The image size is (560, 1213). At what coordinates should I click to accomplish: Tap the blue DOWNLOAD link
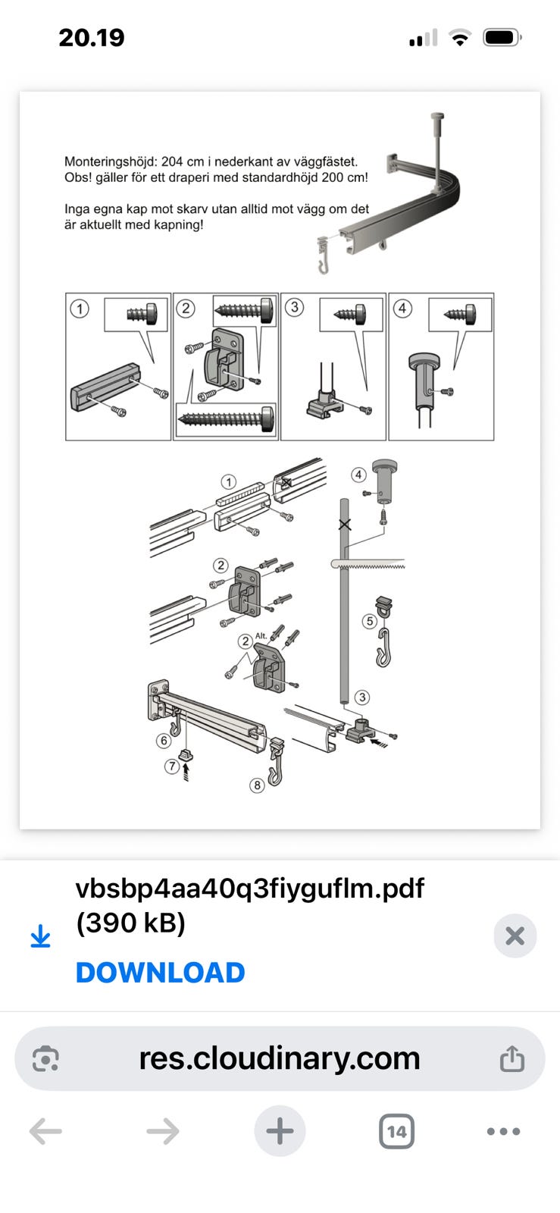point(160,973)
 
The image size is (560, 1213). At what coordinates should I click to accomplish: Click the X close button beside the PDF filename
point(515,936)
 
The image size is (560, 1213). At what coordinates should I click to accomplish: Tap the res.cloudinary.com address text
point(279,1058)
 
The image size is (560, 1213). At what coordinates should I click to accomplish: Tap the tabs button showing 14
point(396,1131)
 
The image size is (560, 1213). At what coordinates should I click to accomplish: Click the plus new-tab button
point(280,1130)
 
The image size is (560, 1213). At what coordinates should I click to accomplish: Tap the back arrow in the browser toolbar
point(45,1131)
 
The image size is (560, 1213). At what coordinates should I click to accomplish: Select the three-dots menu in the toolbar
point(503,1131)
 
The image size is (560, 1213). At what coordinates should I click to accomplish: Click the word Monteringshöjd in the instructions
point(111,161)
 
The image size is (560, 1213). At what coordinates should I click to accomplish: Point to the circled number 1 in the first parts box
point(80,309)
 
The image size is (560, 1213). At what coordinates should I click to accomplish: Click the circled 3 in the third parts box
point(294,308)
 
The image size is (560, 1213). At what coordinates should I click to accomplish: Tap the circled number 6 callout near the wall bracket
point(164,740)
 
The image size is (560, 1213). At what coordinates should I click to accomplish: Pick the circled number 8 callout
point(257,785)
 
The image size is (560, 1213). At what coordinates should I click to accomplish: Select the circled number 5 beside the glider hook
point(370,621)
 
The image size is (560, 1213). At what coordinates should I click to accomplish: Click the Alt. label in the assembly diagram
point(261,636)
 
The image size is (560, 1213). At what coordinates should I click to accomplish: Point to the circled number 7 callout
point(172,766)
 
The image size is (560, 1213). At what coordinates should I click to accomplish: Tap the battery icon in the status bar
point(502,38)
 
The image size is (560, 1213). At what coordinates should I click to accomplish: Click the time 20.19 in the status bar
point(92,38)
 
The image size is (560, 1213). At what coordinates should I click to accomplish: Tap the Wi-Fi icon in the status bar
point(460,38)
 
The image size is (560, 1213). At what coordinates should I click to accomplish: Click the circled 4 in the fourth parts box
point(402,309)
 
